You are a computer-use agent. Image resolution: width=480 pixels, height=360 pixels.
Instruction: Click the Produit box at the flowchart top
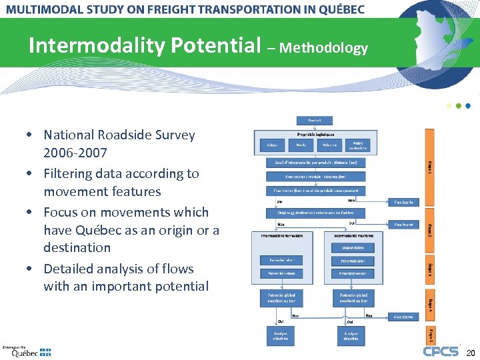(x=314, y=121)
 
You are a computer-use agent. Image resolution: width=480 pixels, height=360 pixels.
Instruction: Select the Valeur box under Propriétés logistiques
(x=272, y=145)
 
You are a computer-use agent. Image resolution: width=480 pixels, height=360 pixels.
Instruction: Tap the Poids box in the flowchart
(x=301, y=145)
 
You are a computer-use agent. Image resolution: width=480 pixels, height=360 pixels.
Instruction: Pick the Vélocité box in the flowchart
(x=329, y=145)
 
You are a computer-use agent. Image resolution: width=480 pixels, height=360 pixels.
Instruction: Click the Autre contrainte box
(x=358, y=144)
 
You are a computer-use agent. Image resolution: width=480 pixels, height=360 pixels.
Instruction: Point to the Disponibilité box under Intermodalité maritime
(x=351, y=247)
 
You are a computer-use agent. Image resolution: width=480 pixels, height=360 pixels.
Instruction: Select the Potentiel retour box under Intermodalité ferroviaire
(x=281, y=273)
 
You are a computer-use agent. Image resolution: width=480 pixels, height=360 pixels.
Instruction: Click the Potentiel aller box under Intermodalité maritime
(x=352, y=261)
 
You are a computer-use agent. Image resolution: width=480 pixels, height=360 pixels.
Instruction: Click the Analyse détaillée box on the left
(x=281, y=336)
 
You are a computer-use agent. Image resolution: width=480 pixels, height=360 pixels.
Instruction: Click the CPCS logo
(x=441, y=351)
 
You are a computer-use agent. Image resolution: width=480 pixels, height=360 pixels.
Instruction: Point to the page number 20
(x=471, y=352)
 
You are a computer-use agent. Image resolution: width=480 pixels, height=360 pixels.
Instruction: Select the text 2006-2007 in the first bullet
(x=75, y=153)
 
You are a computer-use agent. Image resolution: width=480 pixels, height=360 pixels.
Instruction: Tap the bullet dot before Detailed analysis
(x=31, y=269)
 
